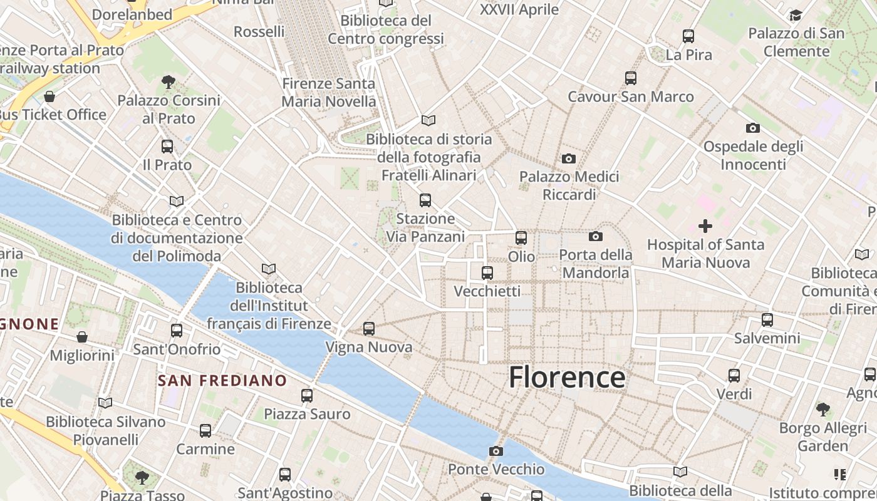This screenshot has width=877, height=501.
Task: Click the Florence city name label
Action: pyautogui.click(x=566, y=378)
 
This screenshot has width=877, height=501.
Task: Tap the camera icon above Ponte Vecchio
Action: pyautogui.click(x=496, y=451)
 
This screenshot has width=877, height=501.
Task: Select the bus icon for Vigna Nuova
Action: pyautogui.click(x=369, y=328)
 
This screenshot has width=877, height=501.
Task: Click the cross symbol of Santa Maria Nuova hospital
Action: pyautogui.click(x=705, y=226)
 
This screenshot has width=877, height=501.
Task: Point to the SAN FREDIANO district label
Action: pyautogui.click(x=222, y=380)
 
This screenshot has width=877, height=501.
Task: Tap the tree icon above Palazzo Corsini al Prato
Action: pyautogui.click(x=168, y=81)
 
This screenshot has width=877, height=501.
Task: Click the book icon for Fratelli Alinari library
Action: pyautogui.click(x=428, y=120)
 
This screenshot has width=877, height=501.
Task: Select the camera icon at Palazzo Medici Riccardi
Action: pyautogui.click(x=569, y=158)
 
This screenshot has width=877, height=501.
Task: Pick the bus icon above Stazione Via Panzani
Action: pyautogui.click(x=425, y=200)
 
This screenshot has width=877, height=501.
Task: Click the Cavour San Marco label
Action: pyautogui.click(x=630, y=96)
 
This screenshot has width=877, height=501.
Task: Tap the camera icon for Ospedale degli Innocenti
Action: pyautogui.click(x=753, y=128)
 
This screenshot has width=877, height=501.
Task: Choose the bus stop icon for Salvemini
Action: pyautogui.click(x=767, y=320)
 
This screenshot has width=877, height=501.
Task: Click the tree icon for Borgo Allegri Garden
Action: pyautogui.click(x=823, y=410)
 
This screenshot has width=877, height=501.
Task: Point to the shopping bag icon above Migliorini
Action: pyautogui.click(x=82, y=337)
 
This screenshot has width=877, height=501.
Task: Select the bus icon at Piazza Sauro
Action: pyautogui.click(x=307, y=396)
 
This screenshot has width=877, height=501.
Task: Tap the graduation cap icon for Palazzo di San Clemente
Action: pyautogui.click(x=796, y=15)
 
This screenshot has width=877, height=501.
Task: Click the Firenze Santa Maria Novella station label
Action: pyautogui.click(x=329, y=92)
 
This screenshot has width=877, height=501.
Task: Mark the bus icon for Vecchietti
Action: pyautogui.click(x=487, y=273)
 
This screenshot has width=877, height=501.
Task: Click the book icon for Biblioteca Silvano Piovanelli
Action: pyautogui.click(x=105, y=403)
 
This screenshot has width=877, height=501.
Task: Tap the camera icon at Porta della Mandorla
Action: pyautogui.click(x=596, y=236)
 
